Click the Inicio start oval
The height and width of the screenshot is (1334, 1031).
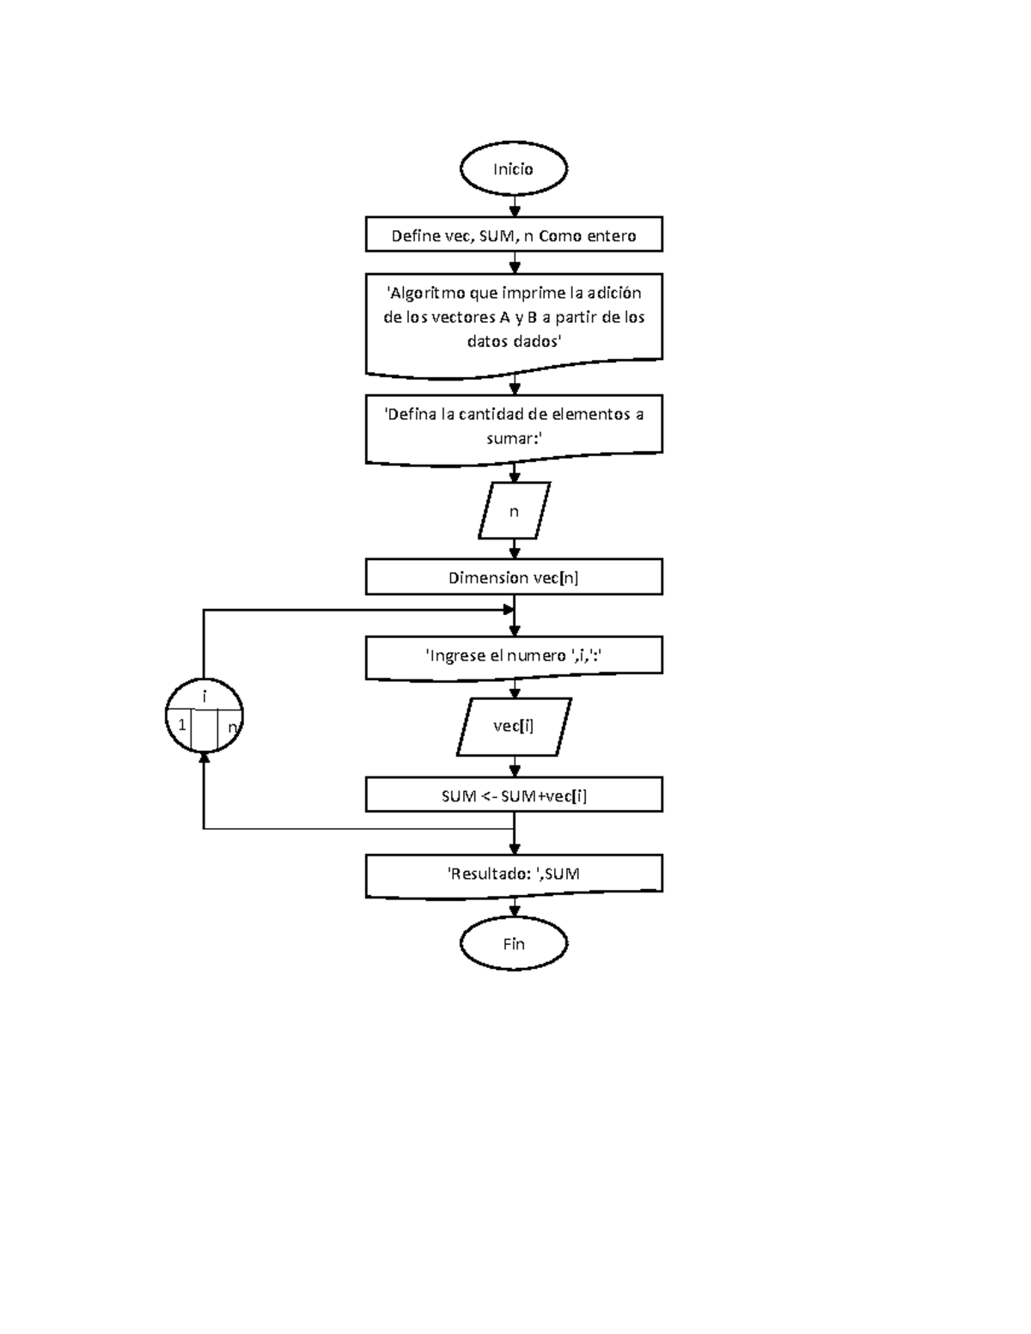514,169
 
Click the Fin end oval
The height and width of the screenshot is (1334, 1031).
514,944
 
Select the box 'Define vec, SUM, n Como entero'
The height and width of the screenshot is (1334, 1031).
514,235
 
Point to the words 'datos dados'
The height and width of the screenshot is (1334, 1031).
514,341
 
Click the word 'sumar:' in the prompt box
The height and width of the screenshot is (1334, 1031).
514,438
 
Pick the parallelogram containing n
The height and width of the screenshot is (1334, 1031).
514,511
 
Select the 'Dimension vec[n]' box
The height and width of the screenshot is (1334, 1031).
514,577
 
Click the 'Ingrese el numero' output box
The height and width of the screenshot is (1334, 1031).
514,656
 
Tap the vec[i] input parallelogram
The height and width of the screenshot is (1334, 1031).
514,727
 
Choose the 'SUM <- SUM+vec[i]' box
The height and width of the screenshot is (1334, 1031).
514,795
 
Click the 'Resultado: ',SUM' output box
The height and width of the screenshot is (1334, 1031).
514,874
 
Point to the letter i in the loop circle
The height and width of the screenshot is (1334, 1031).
204,697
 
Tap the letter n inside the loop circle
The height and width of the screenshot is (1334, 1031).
231,728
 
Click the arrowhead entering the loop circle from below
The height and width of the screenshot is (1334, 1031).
204,758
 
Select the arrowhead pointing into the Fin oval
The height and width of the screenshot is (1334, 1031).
514,911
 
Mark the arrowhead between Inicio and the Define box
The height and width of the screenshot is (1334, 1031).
514,209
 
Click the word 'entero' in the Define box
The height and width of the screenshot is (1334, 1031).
612,235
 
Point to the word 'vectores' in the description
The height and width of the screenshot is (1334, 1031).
464,317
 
